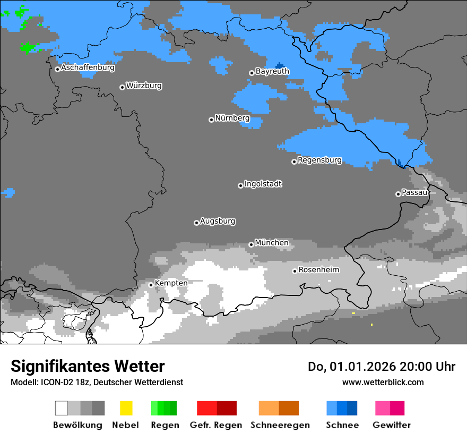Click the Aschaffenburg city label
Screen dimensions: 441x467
(x=88, y=67)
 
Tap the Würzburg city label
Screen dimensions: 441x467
(x=144, y=86)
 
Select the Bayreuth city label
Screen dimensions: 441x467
(x=272, y=71)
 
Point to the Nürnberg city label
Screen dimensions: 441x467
(x=232, y=118)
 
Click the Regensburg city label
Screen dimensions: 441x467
(x=319, y=160)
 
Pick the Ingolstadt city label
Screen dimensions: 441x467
(x=263, y=184)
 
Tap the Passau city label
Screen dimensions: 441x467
(x=414, y=192)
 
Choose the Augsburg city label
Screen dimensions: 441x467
(x=218, y=221)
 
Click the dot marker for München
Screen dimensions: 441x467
(x=251, y=244)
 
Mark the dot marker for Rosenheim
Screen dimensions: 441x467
(x=295, y=271)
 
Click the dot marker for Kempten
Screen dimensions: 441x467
(x=151, y=285)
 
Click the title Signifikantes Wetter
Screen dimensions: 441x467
(x=88, y=366)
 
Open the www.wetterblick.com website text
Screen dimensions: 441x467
(x=383, y=382)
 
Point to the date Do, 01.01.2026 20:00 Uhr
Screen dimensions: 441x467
(x=382, y=367)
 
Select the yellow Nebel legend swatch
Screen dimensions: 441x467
(x=126, y=408)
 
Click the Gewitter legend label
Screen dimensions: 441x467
(x=391, y=425)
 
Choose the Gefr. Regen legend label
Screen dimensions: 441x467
(x=216, y=425)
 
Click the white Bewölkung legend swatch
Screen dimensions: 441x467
(x=62, y=408)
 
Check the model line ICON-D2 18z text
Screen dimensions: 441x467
(x=97, y=383)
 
